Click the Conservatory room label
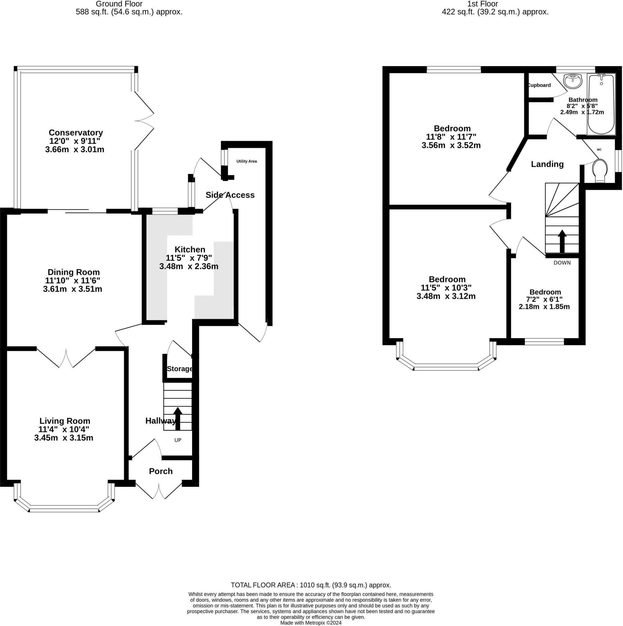tap(76, 133)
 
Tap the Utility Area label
tap(246, 161)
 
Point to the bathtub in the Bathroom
tap(601, 104)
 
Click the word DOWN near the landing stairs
tap(562, 263)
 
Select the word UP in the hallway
tap(178, 440)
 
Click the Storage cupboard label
tap(180, 369)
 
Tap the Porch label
tap(161, 471)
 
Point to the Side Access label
tap(230, 195)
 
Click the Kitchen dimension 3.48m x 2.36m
tap(189, 266)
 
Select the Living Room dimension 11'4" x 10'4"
tap(64, 429)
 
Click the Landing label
tap(547, 164)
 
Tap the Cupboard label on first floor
tap(539, 85)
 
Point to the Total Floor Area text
tap(311, 585)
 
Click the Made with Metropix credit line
tap(311, 623)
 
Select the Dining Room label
tap(74, 272)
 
